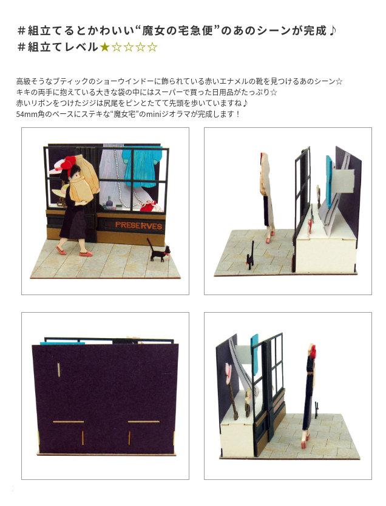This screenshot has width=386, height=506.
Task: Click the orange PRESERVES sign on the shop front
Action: (138, 225)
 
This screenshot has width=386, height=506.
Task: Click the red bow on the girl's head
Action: (71, 162)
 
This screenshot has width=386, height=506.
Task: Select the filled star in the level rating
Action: (105, 47)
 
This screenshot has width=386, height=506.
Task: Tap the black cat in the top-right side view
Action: (250, 256)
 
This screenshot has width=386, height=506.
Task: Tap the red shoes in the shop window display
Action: (149, 205)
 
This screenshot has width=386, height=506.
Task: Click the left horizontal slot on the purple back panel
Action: (69, 421)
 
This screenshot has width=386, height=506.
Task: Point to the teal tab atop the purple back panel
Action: (63, 343)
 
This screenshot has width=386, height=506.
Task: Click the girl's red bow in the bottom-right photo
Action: (313, 351)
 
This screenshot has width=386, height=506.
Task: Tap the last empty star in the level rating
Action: (152, 47)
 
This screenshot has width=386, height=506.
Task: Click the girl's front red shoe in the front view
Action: (86, 254)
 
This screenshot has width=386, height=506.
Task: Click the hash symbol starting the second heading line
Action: (21, 47)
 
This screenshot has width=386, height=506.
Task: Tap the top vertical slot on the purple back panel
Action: (58, 370)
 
